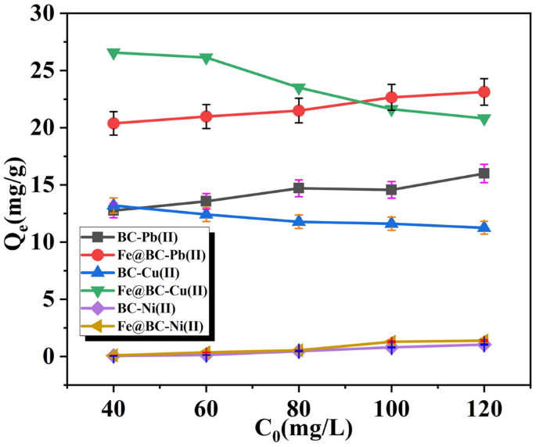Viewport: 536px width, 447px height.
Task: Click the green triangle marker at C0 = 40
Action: click(x=113, y=52)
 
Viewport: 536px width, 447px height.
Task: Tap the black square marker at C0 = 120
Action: click(x=484, y=173)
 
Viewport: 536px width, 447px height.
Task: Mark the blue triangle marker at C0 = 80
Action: click(x=299, y=221)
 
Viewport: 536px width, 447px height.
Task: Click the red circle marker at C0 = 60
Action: click(x=207, y=116)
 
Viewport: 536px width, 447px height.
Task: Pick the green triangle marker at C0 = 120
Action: click(x=484, y=119)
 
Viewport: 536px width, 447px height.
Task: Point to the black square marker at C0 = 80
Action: click(x=299, y=188)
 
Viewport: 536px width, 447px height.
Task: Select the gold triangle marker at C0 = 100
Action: click(x=391, y=342)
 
